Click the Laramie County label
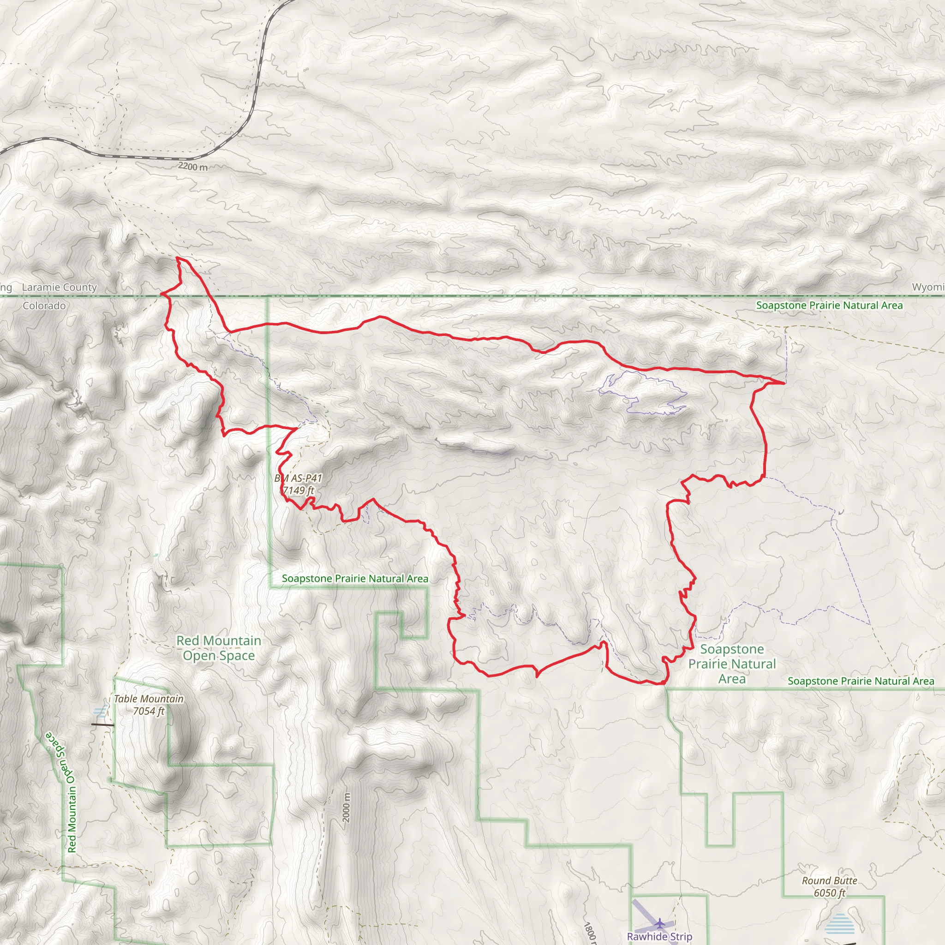tap(59, 287)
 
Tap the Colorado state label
tap(44, 306)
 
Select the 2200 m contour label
tap(193, 166)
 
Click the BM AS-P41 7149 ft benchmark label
tap(298, 484)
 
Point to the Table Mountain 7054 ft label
tap(149, 705)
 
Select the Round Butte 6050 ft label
tap(830, 886)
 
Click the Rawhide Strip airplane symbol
tap(660, 923)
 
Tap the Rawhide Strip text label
tap(659, 936)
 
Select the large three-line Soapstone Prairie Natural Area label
tap(732, 664)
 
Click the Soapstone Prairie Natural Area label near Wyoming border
tap(829, 305)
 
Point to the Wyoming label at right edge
tap(928, 287)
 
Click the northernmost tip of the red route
tap(178, 257)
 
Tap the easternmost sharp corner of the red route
tap(784, 383)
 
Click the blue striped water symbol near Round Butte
tap(839, 924)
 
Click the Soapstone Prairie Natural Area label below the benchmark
tap(355, 579)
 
